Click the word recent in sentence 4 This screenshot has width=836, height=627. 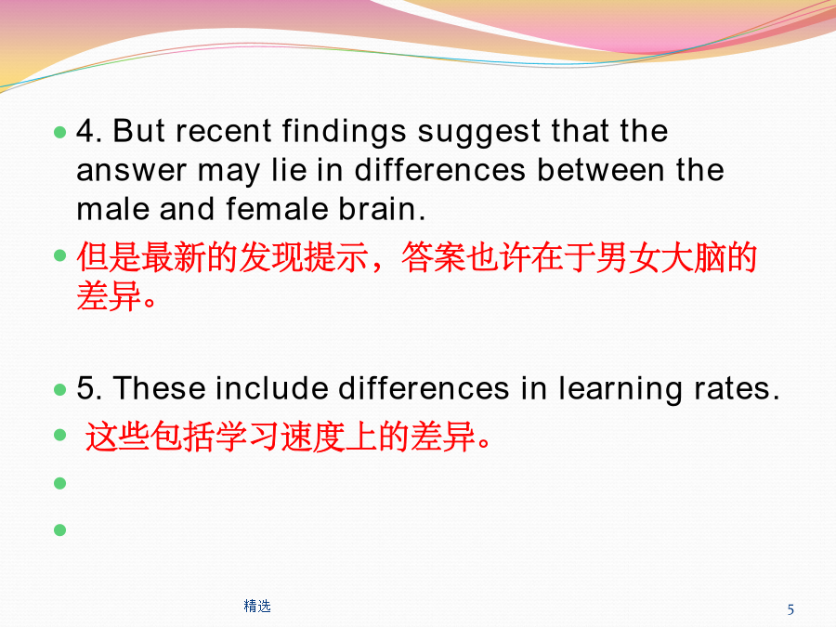pos(223,131)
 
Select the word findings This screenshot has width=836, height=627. pos(344,132)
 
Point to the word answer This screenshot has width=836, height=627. pos(131,172)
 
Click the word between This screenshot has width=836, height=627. pos(600,170)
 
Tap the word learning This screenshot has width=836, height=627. pos(620,389)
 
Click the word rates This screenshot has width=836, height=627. pos(737,389)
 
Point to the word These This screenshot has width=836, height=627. pos(159,387)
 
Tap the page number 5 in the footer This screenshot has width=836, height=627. pos(790,609)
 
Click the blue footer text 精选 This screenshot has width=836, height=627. pos(257,607)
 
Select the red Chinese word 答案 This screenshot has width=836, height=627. pos(433,257)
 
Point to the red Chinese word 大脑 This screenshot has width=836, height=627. pos(693,257)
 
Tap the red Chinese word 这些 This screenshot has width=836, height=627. pos(117,437)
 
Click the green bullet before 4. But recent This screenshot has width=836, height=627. pos(59,131)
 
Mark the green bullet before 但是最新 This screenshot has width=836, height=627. pos(59,255)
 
